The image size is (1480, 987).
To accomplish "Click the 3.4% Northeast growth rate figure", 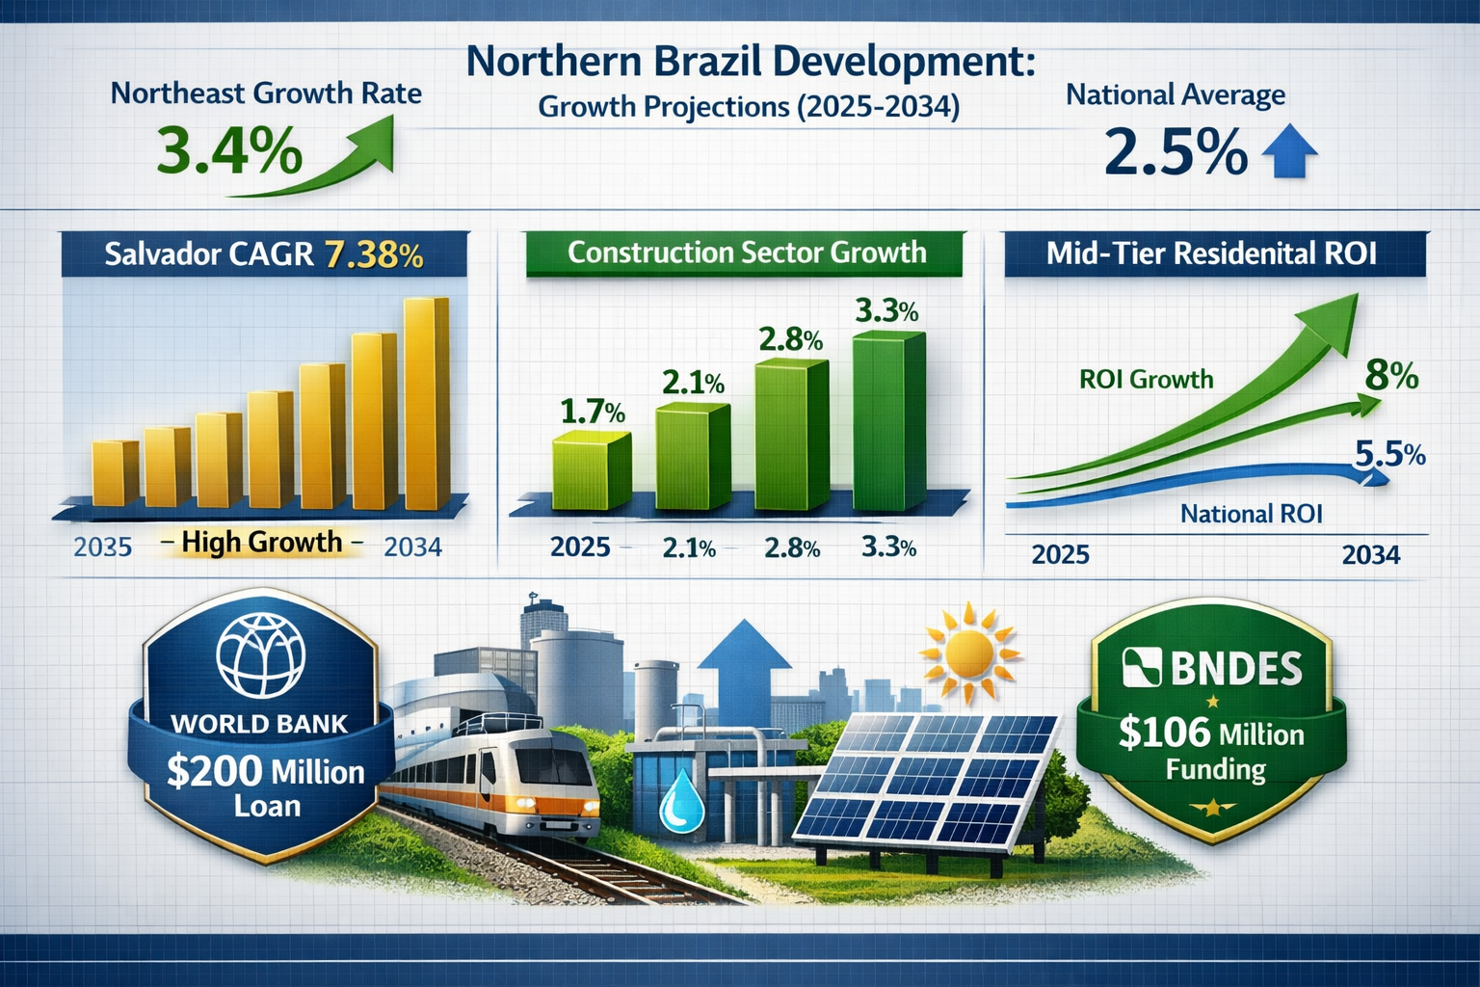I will [229, 153].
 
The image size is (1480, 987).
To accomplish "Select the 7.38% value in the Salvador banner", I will [374, 254].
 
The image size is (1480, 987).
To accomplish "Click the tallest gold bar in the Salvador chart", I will [426, 405].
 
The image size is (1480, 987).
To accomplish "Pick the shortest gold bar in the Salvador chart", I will [116, 473].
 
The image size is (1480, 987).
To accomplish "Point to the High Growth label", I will [261, 543].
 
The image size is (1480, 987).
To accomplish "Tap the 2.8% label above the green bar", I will [790, 339].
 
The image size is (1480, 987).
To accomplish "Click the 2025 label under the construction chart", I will [580, 547].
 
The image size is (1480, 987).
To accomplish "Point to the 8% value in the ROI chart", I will [1391, 375].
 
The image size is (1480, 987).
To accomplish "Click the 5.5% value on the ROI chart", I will [1389, 453].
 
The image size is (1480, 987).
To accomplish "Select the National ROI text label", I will [1251, 514].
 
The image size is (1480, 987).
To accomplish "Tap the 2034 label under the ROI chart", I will [1370, 555].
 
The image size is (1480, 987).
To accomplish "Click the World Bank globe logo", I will [260, 654].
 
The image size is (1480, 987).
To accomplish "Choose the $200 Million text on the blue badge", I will [265, 772].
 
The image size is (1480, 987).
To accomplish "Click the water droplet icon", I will [681, 799].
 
